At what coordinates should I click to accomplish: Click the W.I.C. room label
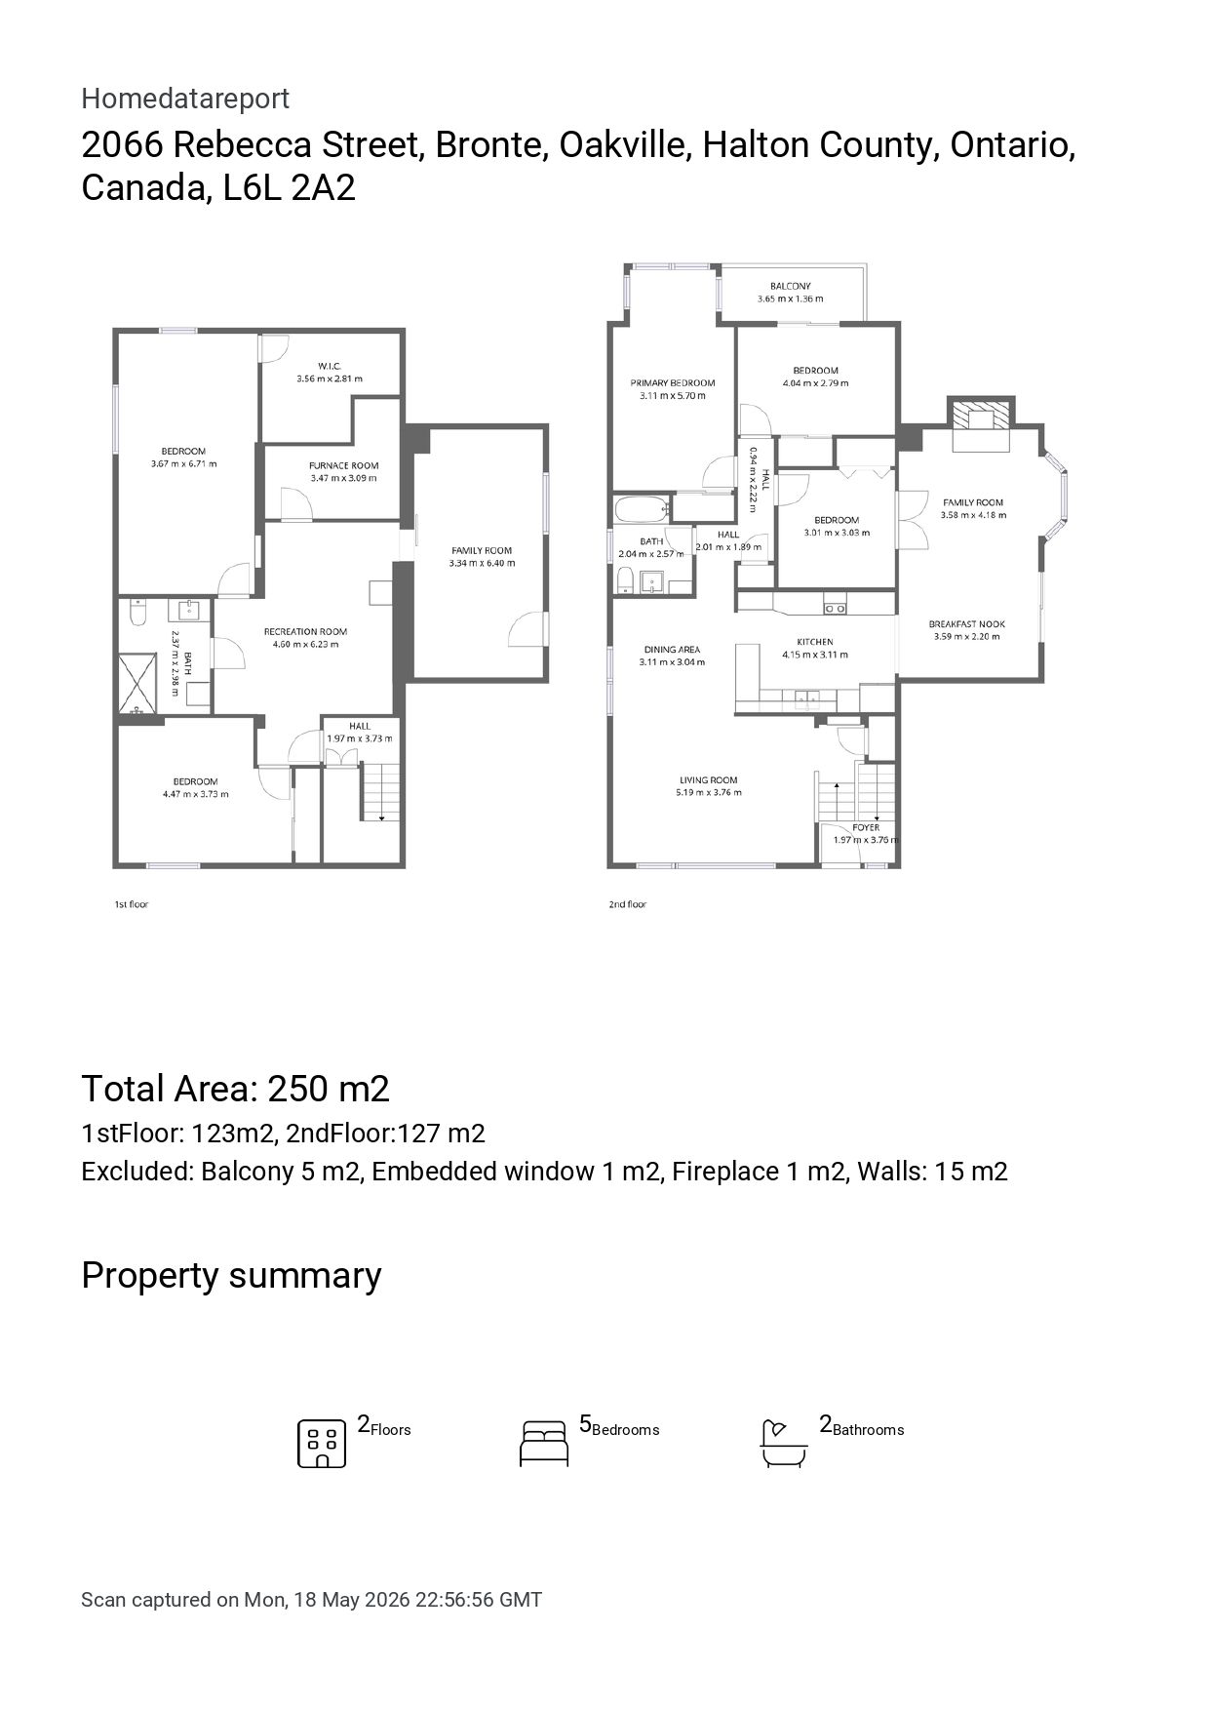coord(330,366)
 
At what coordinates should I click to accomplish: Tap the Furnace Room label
coord(343,465)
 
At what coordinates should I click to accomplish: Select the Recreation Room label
coord(305,631)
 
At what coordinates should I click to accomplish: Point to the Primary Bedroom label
coord(673,383)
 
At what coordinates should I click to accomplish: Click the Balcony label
coord(790,287)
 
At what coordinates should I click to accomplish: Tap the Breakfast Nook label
coord(966,624)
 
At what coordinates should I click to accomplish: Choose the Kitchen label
coord(815,642)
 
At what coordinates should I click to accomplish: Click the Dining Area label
coord(672,650)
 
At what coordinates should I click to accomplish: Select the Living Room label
coord(709,780)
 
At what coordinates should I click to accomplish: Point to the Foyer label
coord(866,827)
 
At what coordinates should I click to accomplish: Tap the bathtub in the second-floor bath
coord(642,508)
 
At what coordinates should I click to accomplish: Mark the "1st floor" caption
coord(132,904)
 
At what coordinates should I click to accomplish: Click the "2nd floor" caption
coord(628,904)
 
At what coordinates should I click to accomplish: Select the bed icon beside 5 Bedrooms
coord(544,1444)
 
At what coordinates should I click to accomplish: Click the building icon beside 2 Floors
coord(322,1444)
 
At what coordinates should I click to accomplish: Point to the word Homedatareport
coord(185,99)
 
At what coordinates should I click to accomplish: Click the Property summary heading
coord(231,1276)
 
